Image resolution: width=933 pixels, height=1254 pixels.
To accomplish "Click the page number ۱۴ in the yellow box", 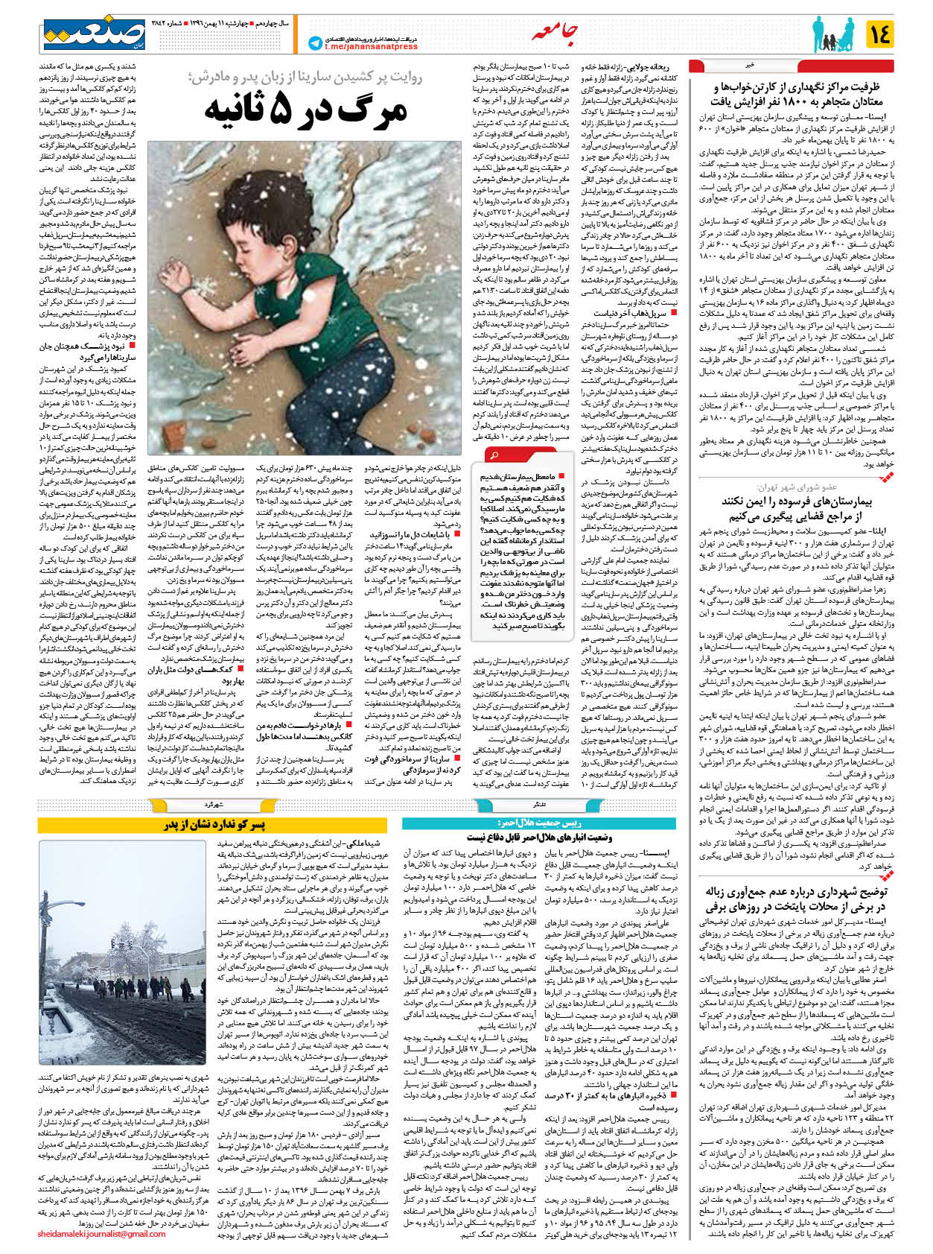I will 879,34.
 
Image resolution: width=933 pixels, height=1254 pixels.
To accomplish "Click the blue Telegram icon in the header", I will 314,43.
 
